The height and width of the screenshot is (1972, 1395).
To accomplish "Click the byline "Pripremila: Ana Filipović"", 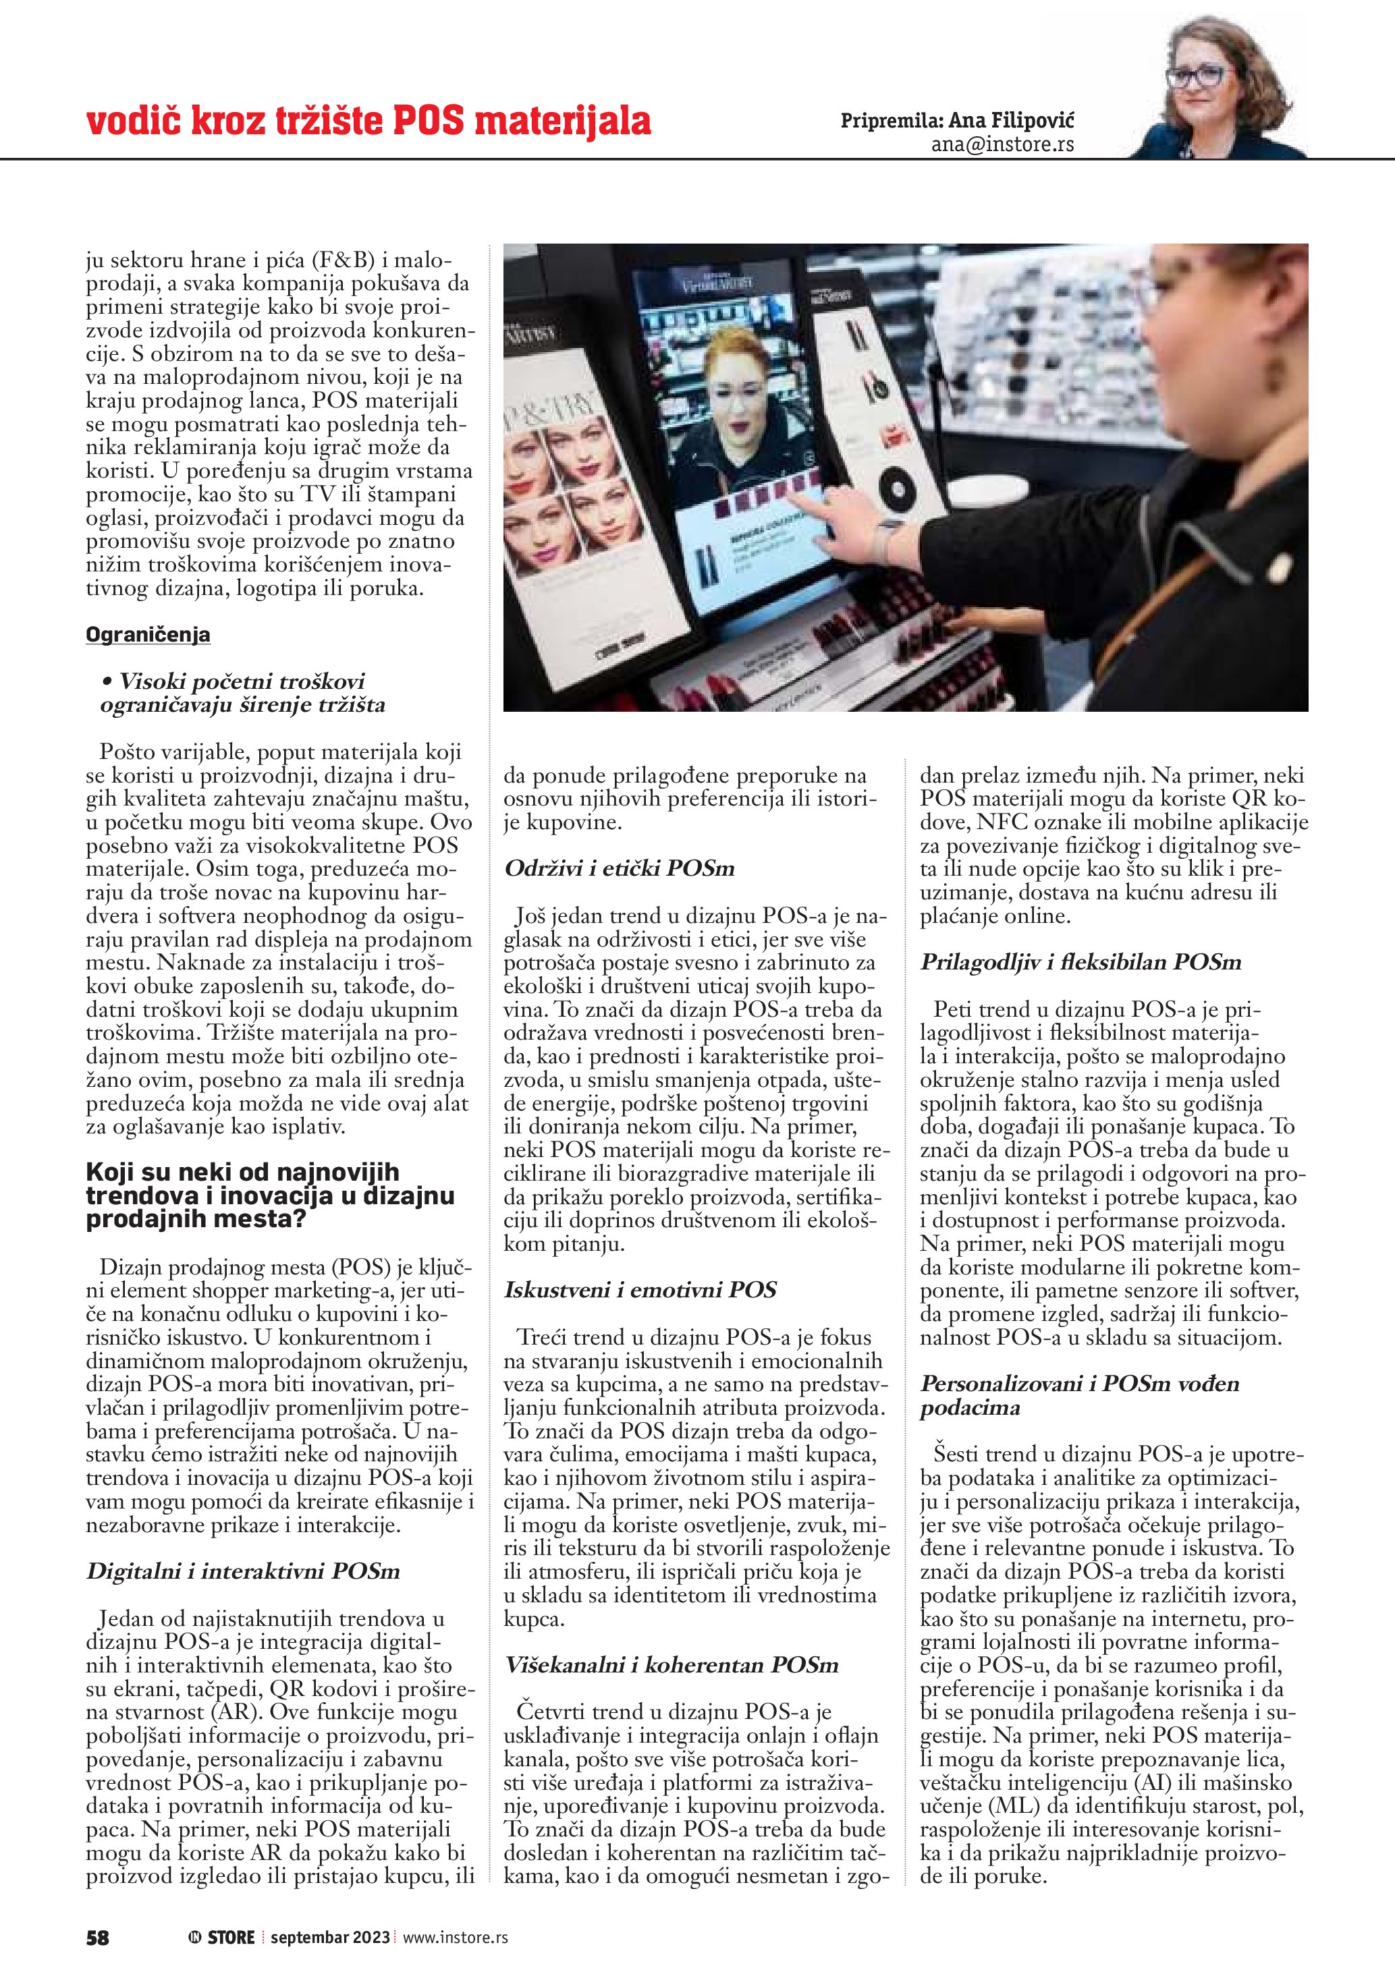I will point(957,119).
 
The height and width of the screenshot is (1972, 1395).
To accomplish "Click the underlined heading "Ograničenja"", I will point(148,635).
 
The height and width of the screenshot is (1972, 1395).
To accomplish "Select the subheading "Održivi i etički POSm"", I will point(620,868).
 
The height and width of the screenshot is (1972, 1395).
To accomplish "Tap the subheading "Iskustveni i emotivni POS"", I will point(640,1290).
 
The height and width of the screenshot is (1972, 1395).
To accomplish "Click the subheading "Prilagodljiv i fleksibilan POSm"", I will point(1081,962).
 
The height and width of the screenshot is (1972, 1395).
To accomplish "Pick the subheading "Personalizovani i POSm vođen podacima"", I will point(1079,1396).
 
